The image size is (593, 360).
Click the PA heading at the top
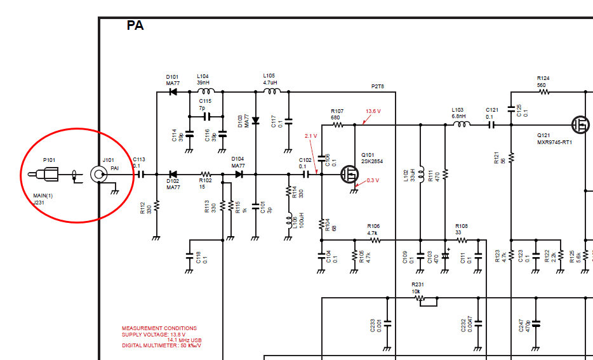(x=135, y=25)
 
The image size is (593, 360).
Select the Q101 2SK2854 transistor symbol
(x=349, y=173)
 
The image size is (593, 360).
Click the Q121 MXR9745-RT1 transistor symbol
(x=580, y=124)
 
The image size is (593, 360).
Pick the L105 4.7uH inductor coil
(x=272, y=92)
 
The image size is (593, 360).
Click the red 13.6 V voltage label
(x=373, y=111)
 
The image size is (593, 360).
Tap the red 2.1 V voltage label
(x=310, y=136)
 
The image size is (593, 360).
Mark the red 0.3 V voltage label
(x=373, y=180)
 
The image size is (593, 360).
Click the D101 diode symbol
(x=172, y=92)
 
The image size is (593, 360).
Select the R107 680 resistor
(x=338, y=125)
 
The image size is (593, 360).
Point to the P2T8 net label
(x=378, y=86)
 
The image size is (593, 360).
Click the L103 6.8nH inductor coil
(x=459, y=125)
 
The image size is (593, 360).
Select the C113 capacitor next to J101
(x=141, y=174)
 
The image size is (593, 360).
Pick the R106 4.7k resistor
(x=374, y=240)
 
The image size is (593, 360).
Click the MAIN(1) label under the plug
(x=43, y=196)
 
